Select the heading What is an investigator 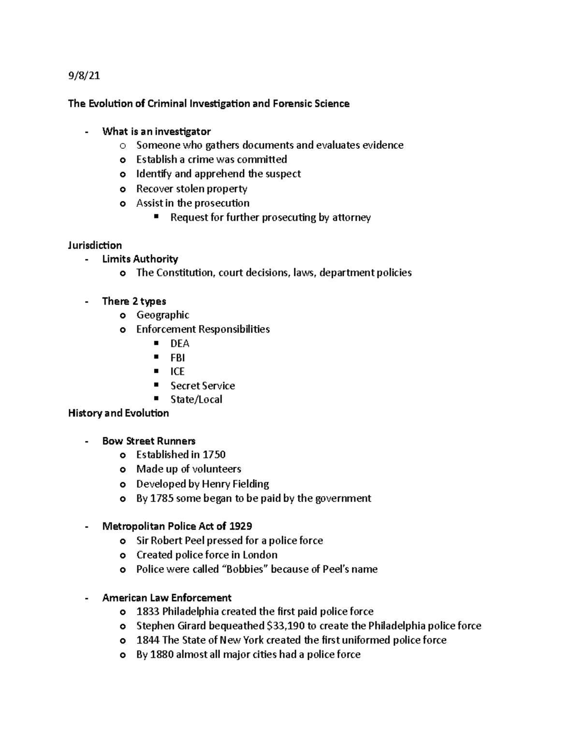156,131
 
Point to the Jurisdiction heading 95,245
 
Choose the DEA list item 180,343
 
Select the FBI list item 177,357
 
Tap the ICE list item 177,371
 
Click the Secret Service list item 203,385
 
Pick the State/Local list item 196,399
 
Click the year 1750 214,454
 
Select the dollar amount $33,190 287,626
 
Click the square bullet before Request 156,217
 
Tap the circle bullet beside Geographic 123,315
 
